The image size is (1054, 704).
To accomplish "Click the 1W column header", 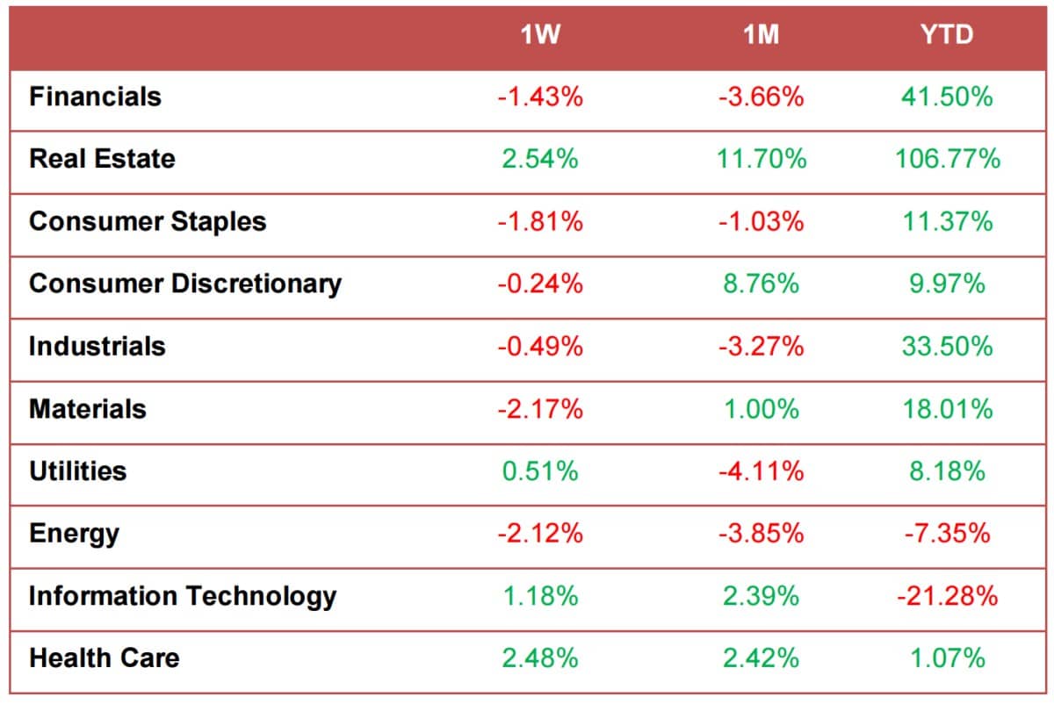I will coord(540,36).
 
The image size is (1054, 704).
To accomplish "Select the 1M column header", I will coord(761,36).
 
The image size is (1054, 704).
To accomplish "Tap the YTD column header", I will coord(947,36).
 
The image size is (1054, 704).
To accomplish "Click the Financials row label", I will coord(95,97).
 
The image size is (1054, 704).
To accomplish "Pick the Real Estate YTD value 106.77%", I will coord(947,159).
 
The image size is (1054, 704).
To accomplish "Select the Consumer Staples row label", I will coord(148,221).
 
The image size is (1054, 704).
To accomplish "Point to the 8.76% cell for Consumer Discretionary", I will coord(761,284).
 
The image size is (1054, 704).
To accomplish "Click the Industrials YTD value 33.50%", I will coord(947,346).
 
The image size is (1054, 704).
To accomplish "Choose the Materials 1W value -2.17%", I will coord(540,409).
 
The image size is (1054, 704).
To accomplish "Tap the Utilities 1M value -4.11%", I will coord(761,471).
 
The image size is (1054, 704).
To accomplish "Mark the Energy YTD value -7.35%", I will coord(947,534).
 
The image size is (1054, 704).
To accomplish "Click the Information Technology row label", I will coord(183,596).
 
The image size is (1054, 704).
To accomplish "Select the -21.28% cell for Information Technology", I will coord(947,596).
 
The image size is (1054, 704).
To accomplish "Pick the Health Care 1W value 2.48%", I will coord(540,658).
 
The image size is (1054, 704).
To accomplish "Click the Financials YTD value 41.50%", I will coord(947,97).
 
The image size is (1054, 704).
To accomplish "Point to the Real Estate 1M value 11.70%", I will coord(761,159).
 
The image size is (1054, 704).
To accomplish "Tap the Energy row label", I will coord(74,534).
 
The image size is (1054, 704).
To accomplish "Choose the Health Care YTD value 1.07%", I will coord(947,658).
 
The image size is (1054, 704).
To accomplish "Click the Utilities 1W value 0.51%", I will coord(540,471).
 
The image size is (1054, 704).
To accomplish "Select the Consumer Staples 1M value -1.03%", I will coord(761,221).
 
